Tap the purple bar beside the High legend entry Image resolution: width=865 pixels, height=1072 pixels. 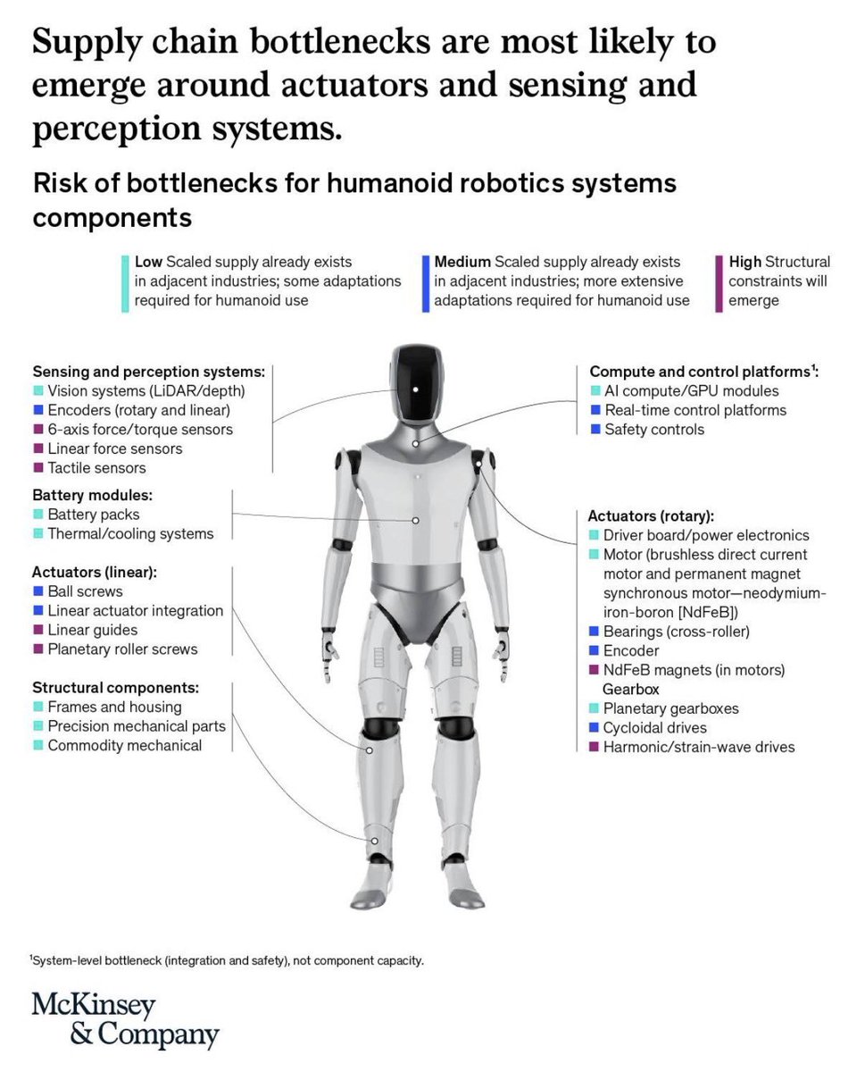tap(719, 284)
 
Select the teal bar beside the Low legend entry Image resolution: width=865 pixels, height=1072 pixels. tap(125, 284)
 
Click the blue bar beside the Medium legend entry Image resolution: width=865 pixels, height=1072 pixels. tap(426, 284)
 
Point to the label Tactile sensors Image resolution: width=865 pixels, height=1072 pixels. tap(96, 467)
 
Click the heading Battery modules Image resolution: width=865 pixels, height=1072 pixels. tap(93, 495)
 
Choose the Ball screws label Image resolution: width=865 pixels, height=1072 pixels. tap(85, 590)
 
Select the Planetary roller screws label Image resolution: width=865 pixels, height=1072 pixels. tap(122, 649)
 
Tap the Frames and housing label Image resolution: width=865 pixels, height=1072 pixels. tap(114, 707)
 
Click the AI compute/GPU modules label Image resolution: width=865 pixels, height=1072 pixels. tap(692, 390)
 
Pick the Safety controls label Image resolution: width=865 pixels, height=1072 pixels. tap(654, 430)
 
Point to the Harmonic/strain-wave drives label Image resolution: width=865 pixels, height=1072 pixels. tap(699, 747)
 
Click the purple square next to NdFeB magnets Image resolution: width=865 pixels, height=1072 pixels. tap(594, 669)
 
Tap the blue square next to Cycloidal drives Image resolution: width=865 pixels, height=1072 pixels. tap(594, 727)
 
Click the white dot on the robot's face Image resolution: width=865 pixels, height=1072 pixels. tap(416, 389)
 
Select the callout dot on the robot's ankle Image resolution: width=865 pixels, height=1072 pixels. tap(374, 841)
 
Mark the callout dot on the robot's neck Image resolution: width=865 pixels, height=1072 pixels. tap(415, 443)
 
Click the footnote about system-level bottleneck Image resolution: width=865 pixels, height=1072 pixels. tap(227, 960)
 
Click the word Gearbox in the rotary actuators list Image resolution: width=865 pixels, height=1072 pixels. tap(630, 689)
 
